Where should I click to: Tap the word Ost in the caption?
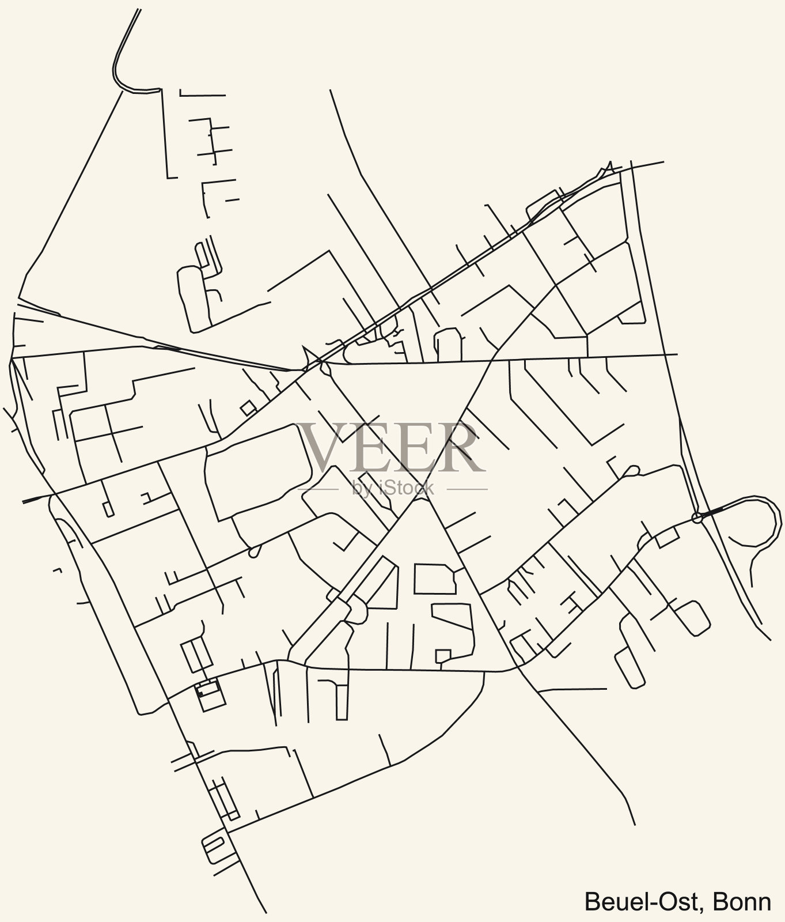point(680,901)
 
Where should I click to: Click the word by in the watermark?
point(360,489)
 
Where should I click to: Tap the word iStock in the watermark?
point(403,488)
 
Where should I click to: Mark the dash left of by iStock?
point(318,489)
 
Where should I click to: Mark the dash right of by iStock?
point(467,489)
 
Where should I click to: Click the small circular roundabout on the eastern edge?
point(697,517)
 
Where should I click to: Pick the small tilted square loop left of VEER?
point(248,408)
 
